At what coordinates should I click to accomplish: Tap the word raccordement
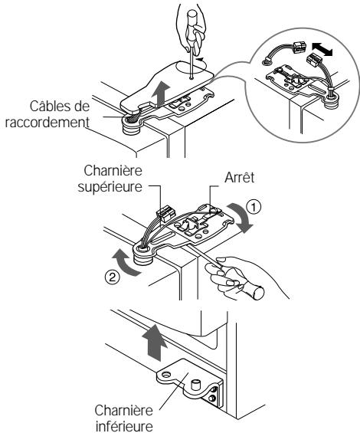(47, 122)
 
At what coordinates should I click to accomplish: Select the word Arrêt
(239, 178)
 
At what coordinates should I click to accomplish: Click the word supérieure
(110, 187)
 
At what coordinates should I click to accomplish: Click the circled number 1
(254, 208)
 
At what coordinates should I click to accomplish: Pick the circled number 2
(113, 277)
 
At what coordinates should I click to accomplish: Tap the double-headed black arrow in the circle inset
(322, 50)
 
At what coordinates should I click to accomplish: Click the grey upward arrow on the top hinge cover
(161, 94)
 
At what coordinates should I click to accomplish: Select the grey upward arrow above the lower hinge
(154, 343)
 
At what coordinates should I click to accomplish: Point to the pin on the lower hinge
(196, 385)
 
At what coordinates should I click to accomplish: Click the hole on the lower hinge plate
(166, 375)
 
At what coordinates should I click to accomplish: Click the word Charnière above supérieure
(113, 170)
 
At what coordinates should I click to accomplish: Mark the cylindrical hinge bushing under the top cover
(132, 126)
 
